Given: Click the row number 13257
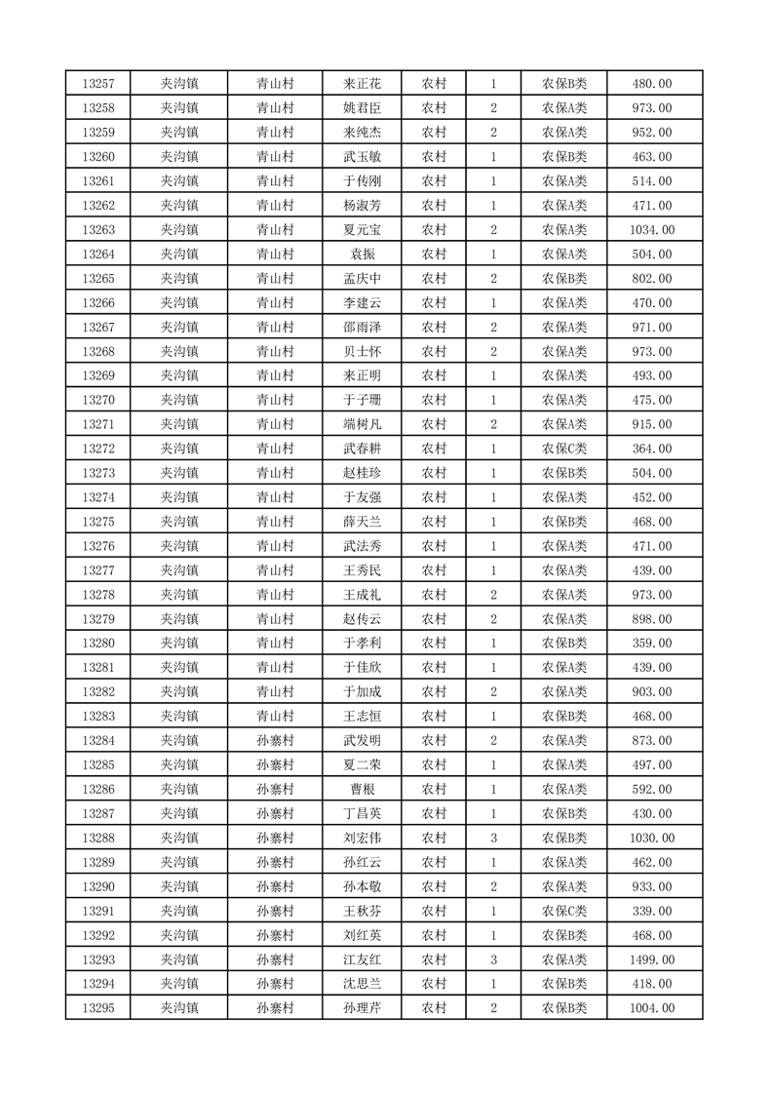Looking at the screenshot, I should click(98, 84).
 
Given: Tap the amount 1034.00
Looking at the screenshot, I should click(652, 230).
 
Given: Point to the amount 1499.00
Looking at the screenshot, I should click(652, 959).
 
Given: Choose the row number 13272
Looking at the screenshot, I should click(98, 449).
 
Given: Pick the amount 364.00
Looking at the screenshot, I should click(652, 449).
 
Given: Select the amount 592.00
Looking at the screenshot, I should click(652, 789).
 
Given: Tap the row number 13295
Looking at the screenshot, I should click(98, 1008).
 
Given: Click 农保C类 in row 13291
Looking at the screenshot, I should click(564, 911).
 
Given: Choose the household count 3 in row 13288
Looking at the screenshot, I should click(494, 838).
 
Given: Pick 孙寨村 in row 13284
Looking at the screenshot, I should click(275, 740).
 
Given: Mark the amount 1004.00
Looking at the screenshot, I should click(652, 1008).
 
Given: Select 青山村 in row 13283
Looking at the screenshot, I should click(275, 716).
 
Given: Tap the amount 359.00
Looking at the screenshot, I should click(652, 644).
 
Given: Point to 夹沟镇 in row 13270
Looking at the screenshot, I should click(179, 400).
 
